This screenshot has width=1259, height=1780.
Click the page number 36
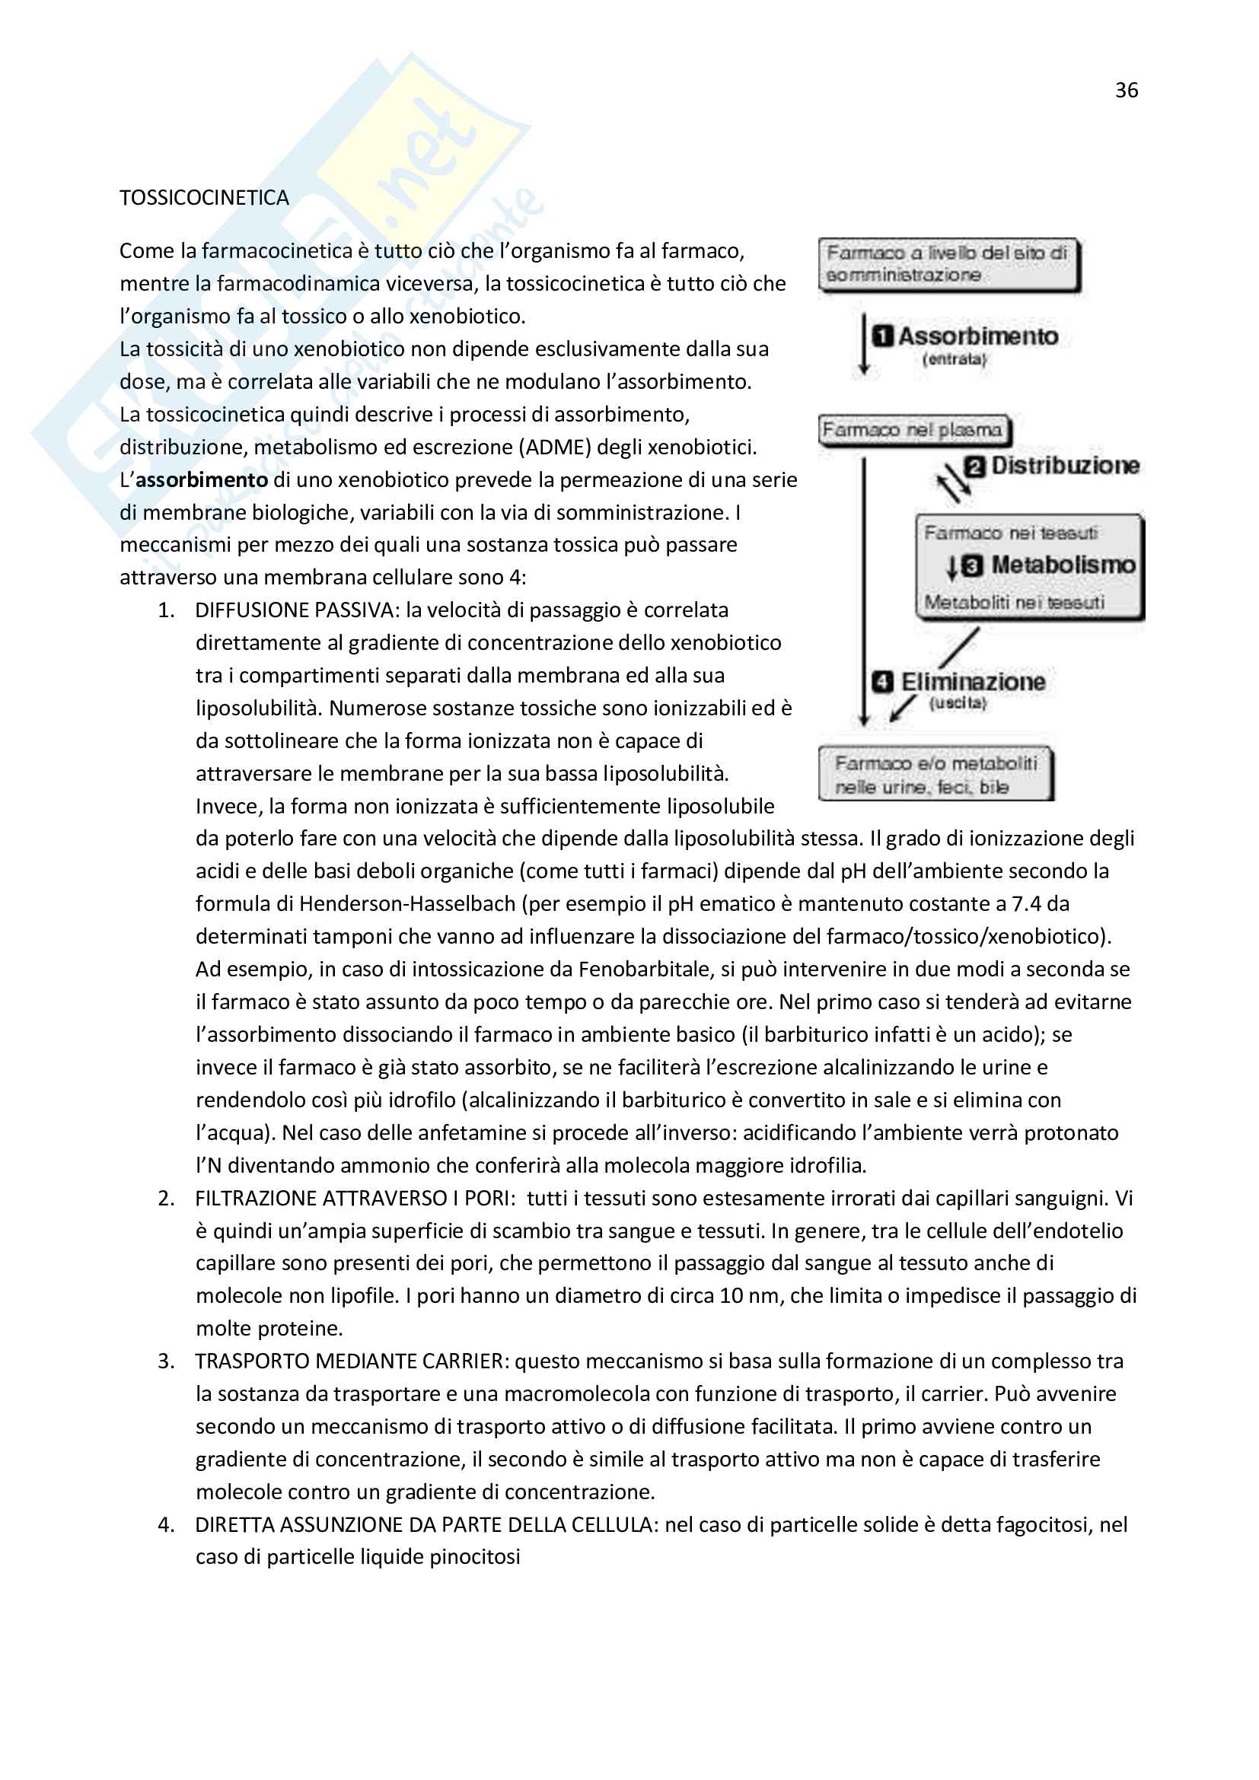pyautogui.click(x=1126, y=91)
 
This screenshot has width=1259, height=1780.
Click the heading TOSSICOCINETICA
pyautogui.click(x=204, y=198)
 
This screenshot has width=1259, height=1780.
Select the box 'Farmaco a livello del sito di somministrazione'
pyautogui.click(x=948, y=264)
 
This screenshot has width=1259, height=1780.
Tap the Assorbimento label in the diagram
pyautogui.click(x=977, y=336)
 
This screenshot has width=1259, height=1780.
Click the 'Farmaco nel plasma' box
pyautogui.click(x=914, y=429)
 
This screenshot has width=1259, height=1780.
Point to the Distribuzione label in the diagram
pyautogui.click(x=1065, y=465)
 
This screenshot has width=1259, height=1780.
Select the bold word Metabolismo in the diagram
pyautogui.click(x=1063, y=565)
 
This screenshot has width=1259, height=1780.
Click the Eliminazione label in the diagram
pyautogui.click(x=972, y=681)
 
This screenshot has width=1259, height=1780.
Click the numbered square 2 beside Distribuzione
pyautogui.click(x=974, y=466)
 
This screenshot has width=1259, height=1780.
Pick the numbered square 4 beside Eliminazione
pyautogui.click(x=882, y=682)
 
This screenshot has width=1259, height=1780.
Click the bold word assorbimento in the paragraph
pyautogui.click(x=202, y=480)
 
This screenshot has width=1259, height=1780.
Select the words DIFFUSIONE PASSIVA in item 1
pyautogui.click(x=297, y=610)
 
